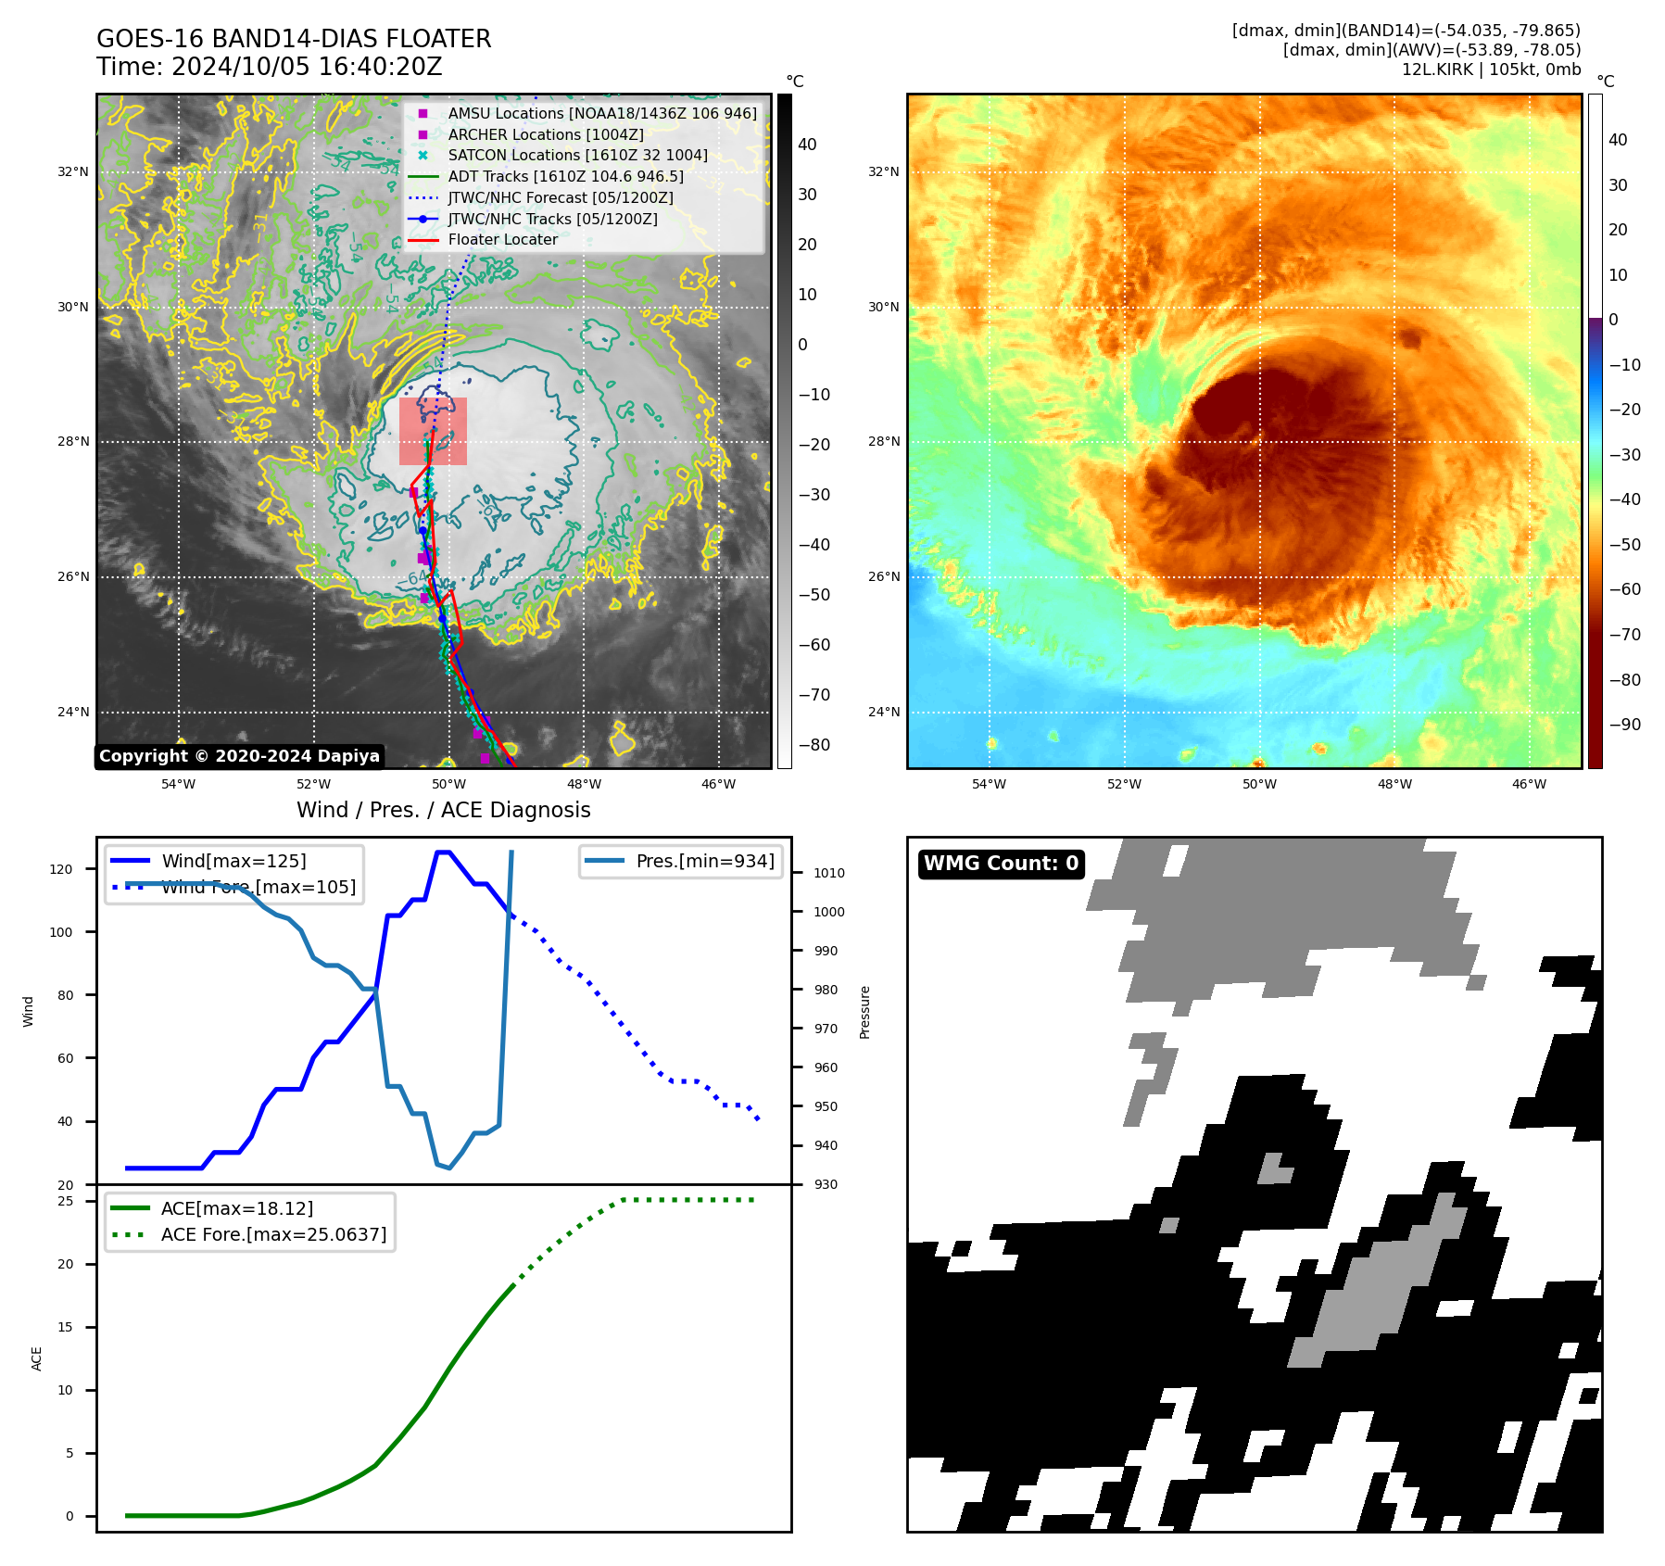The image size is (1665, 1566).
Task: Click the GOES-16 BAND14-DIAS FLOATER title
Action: (x=294, y=39)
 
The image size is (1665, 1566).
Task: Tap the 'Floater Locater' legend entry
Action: (x=502, y=239)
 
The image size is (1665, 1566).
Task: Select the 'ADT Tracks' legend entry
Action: (x=565, y=176)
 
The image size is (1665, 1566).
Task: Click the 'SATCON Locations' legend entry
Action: (x=577, y=155)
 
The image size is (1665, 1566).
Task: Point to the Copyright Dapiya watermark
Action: (x=239, y=756)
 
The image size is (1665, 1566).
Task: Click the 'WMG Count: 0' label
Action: (x=1001, y=864)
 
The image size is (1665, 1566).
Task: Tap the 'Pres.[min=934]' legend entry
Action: (x=704, y=861)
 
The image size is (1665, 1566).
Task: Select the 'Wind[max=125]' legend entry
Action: (x=233, y=861)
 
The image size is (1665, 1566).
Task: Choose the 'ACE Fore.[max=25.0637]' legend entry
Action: (x=273, y=1234)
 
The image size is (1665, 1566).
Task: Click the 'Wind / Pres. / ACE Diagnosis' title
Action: (x=443, y=810)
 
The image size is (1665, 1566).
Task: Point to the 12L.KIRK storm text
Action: (x=1491, y=69)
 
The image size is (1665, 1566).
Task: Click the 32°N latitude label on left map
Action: (x=73, y=171)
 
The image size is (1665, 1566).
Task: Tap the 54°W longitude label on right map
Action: (x=989, y=784)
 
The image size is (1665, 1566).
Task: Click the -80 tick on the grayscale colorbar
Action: (x=814, y=745)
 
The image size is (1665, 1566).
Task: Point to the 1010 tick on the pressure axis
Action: (x=829, y=873)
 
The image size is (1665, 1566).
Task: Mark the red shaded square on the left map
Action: (x=433, y=431)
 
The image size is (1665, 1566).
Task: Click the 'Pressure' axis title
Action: (x=864, y=1012)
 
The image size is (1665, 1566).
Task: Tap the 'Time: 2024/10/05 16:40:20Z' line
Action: (x=270, y=67)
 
